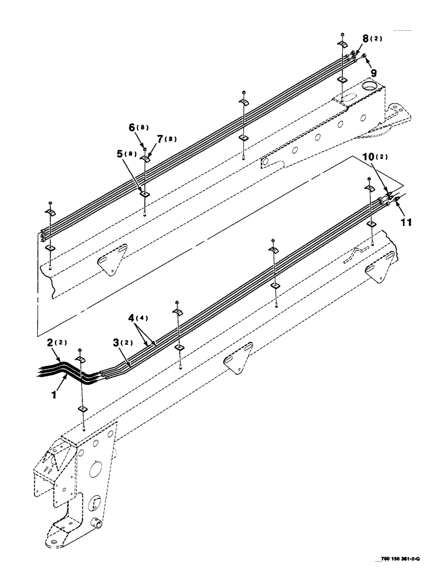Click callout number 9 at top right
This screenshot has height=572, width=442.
point(374,73)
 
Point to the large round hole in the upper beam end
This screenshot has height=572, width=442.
point(369,86)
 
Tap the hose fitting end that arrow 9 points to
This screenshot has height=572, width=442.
point(365,55)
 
